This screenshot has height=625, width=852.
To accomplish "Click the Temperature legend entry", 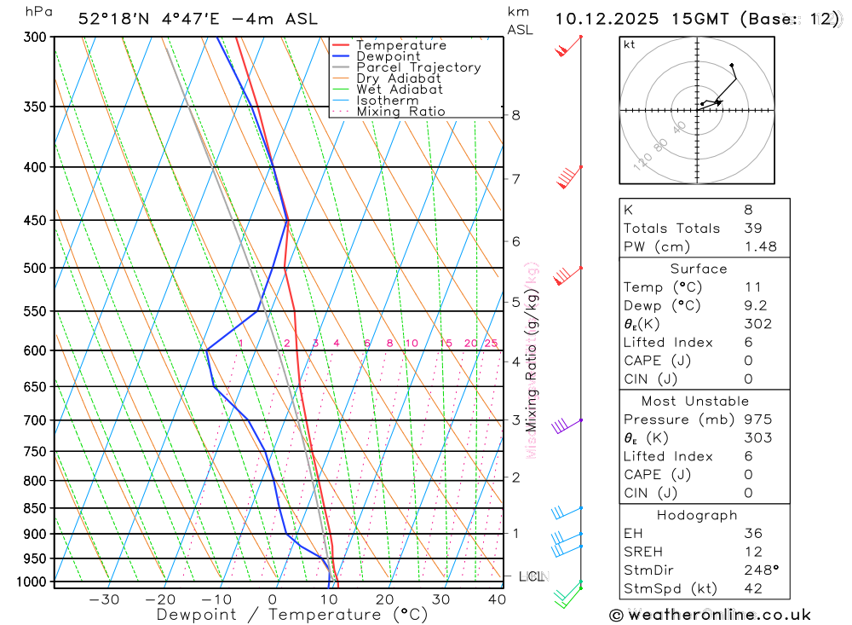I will coord(400,45).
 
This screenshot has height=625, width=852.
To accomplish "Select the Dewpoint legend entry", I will coord(388,56).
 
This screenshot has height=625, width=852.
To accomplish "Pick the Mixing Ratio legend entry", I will coord(400,112).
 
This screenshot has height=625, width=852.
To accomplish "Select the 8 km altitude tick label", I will coord(515,115).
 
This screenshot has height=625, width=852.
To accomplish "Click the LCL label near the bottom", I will coord(532,577).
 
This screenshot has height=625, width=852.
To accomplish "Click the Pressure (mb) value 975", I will coord(757,420).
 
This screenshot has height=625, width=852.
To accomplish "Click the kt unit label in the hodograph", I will coord(630,44).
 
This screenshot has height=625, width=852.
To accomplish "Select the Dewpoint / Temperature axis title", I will coord(291,614).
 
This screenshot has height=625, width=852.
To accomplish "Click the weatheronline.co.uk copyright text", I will coord(710,615).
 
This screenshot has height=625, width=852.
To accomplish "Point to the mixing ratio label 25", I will coord(491,343).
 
